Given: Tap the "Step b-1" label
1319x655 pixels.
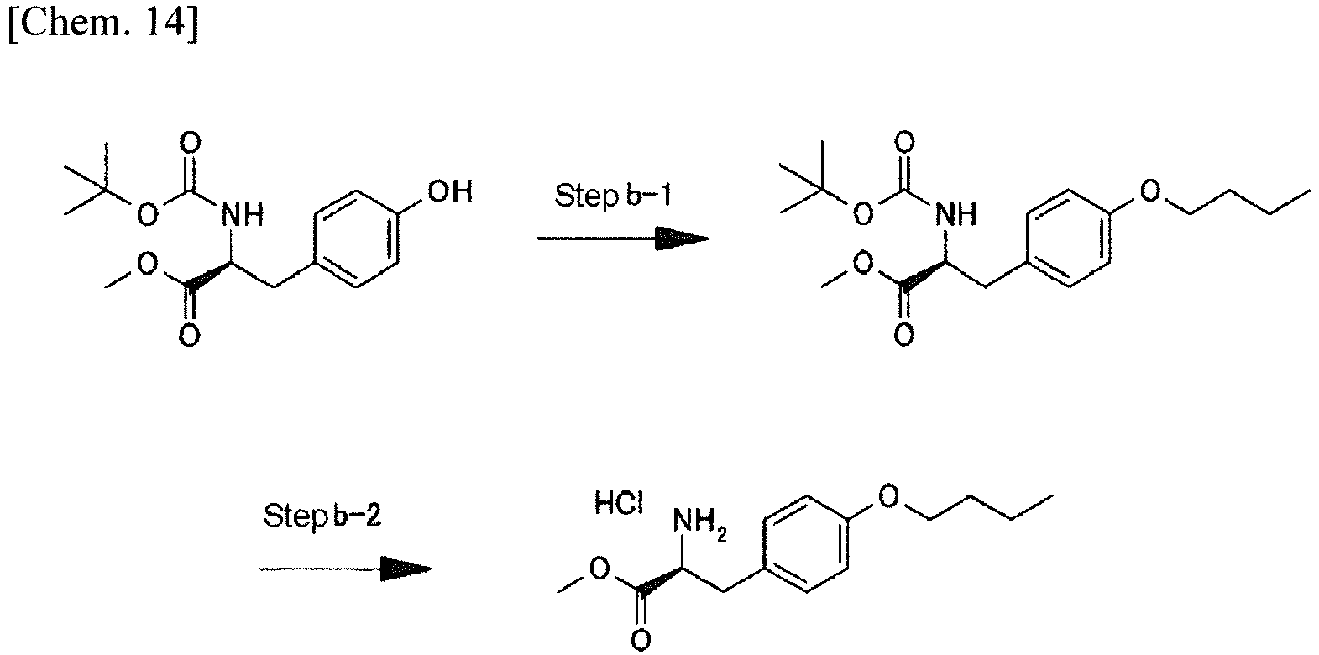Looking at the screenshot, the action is click(x=613, y=196).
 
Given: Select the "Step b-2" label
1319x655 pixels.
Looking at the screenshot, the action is click(x=322, y=516).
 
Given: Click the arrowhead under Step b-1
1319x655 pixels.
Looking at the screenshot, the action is click(x=682, y=238).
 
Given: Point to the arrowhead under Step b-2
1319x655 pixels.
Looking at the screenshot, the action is click(x=406, y=569).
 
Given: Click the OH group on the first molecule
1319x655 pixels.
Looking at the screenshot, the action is click(x=450, y=192).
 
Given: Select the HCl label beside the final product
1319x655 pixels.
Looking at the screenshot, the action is click(x=618, y=504).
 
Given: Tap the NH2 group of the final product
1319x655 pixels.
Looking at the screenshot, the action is click(x=699, y=522).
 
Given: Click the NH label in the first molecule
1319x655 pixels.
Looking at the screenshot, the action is click(x=243, y=216).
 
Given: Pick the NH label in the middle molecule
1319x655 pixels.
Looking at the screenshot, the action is click(x=956, y=215).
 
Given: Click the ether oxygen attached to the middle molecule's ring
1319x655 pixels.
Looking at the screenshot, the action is click(x=1149, y=191).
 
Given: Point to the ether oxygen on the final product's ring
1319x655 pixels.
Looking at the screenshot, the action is click(x=888, y=496).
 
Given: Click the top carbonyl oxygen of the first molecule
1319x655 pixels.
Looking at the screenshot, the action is click(x=190, y=143).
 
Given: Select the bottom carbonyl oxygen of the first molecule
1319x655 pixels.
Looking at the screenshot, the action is click(x=189, y=336).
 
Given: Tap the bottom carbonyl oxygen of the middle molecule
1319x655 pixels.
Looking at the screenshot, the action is click(x=904, y=335).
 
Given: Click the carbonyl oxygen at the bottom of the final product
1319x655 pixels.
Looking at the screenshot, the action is click(x=641, y=640).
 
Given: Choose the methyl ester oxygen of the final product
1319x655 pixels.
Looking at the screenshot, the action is click(x=599, y=569).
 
